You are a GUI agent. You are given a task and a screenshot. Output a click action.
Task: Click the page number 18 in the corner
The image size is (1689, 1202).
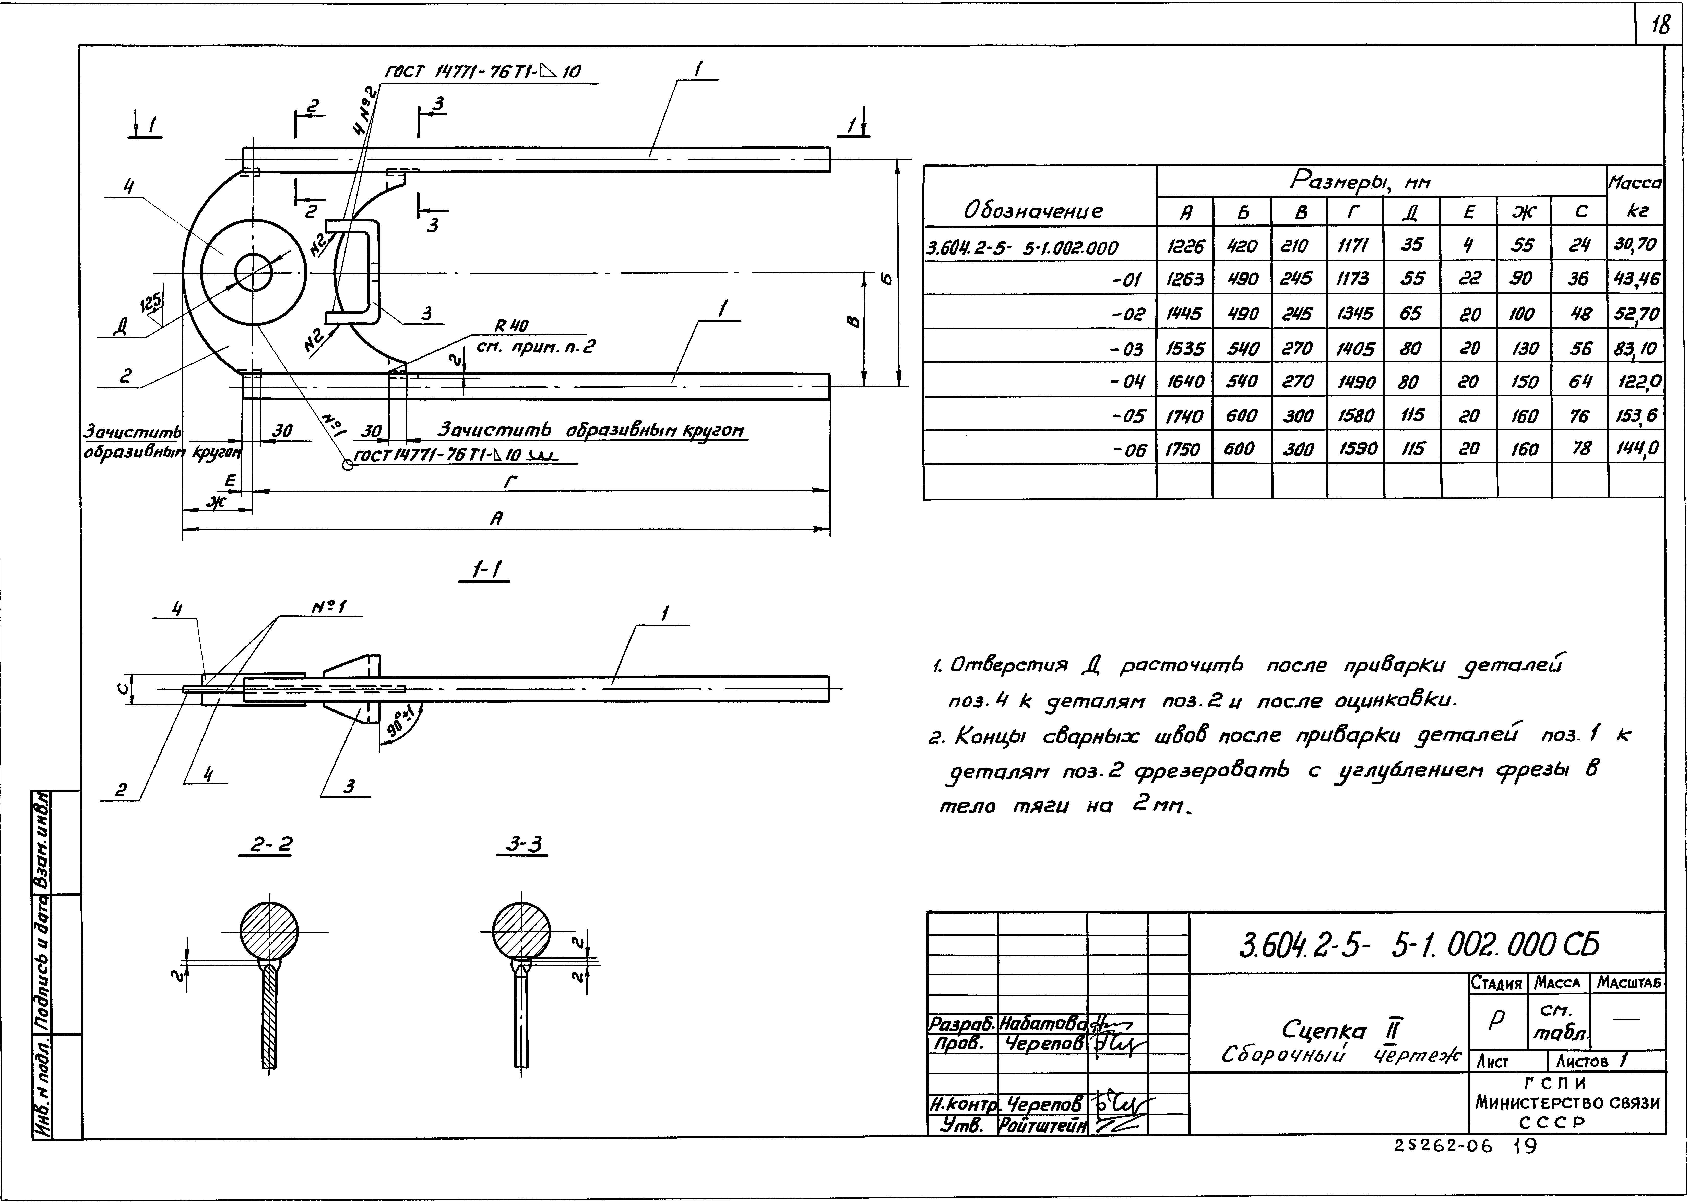[1660, 26]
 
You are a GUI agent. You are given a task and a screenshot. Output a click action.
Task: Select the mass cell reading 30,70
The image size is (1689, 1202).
[1635, 245]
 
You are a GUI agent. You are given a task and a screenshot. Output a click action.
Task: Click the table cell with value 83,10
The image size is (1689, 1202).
[1635, 348]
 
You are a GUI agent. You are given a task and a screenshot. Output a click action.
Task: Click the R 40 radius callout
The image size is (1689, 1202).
[511, 326]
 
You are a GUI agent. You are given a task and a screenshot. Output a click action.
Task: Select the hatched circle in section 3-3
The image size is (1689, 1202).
[522, 931]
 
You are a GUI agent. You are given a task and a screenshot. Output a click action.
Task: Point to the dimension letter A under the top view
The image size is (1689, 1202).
[496, 520]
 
